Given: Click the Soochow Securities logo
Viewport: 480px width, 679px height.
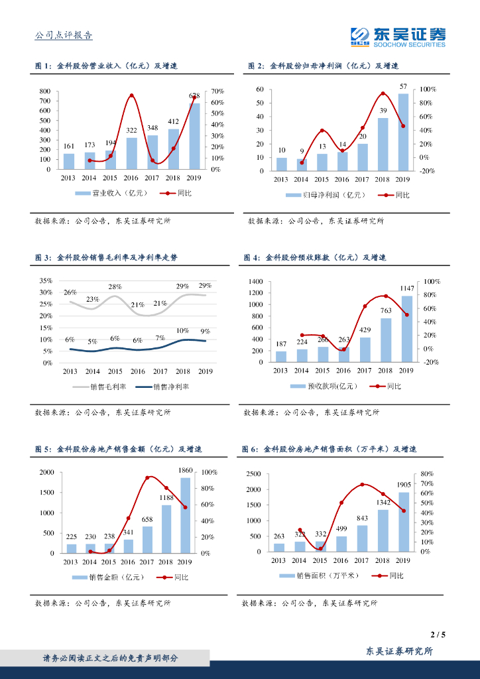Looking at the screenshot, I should click(x=398, y=36).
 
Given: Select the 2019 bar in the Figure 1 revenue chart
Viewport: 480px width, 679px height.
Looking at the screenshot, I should click(x=194, y=136).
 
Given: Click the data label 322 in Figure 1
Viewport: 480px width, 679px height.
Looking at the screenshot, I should click(x=132, y=131).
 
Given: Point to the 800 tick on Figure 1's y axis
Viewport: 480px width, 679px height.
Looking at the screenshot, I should click(x=45, y=91).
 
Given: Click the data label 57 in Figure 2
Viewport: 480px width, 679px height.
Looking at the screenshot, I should click(x=403, y=87).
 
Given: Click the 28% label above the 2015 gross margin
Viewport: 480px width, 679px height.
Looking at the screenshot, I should click(x=115, y=287).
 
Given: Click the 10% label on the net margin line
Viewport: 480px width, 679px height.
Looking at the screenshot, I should click(x=183, y=330).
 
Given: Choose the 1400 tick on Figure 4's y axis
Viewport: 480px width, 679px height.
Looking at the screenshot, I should click(x=255, y=282).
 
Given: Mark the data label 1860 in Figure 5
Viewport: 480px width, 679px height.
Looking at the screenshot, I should click(x=186, y=470).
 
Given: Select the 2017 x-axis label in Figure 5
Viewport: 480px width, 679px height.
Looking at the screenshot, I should click(x=148, y=561).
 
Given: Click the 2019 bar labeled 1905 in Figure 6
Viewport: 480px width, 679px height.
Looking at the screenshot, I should click(x=403, y=522).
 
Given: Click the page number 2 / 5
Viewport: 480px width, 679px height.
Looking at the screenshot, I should click(x=438, y=635).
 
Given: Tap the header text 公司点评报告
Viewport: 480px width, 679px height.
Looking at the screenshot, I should click(x=64, y=36).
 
